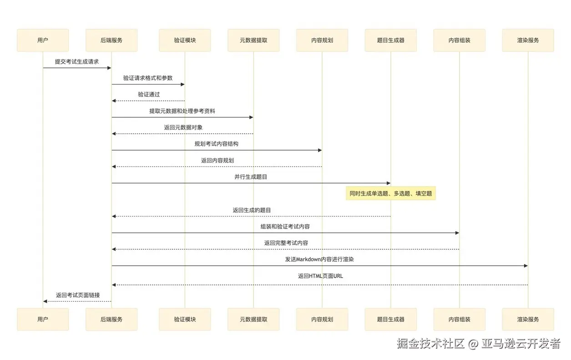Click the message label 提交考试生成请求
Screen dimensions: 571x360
[77, 61]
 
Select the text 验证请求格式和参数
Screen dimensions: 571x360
[148, 78]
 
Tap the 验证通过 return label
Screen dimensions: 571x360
[149, 94]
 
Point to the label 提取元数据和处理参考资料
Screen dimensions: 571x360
[182, 111]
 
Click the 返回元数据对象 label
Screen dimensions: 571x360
[183, 127]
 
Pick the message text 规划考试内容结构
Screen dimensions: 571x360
[217, 144]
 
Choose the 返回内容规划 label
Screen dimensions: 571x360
[217, 160]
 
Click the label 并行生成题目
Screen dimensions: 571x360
[251, 177]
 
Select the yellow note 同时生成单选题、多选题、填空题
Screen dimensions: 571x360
[390, 193]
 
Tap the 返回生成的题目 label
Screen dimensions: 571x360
[252, 210]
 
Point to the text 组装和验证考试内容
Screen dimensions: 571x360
[285, 226]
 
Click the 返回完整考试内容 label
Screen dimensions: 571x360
[286, 243]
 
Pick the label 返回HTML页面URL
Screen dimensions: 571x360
[320, 276]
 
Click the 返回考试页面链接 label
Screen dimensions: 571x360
[78, 295]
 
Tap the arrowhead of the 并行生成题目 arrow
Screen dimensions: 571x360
[388, 183]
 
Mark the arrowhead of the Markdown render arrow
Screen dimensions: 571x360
[526, 266]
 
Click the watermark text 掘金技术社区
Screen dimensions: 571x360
[430, 343]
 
